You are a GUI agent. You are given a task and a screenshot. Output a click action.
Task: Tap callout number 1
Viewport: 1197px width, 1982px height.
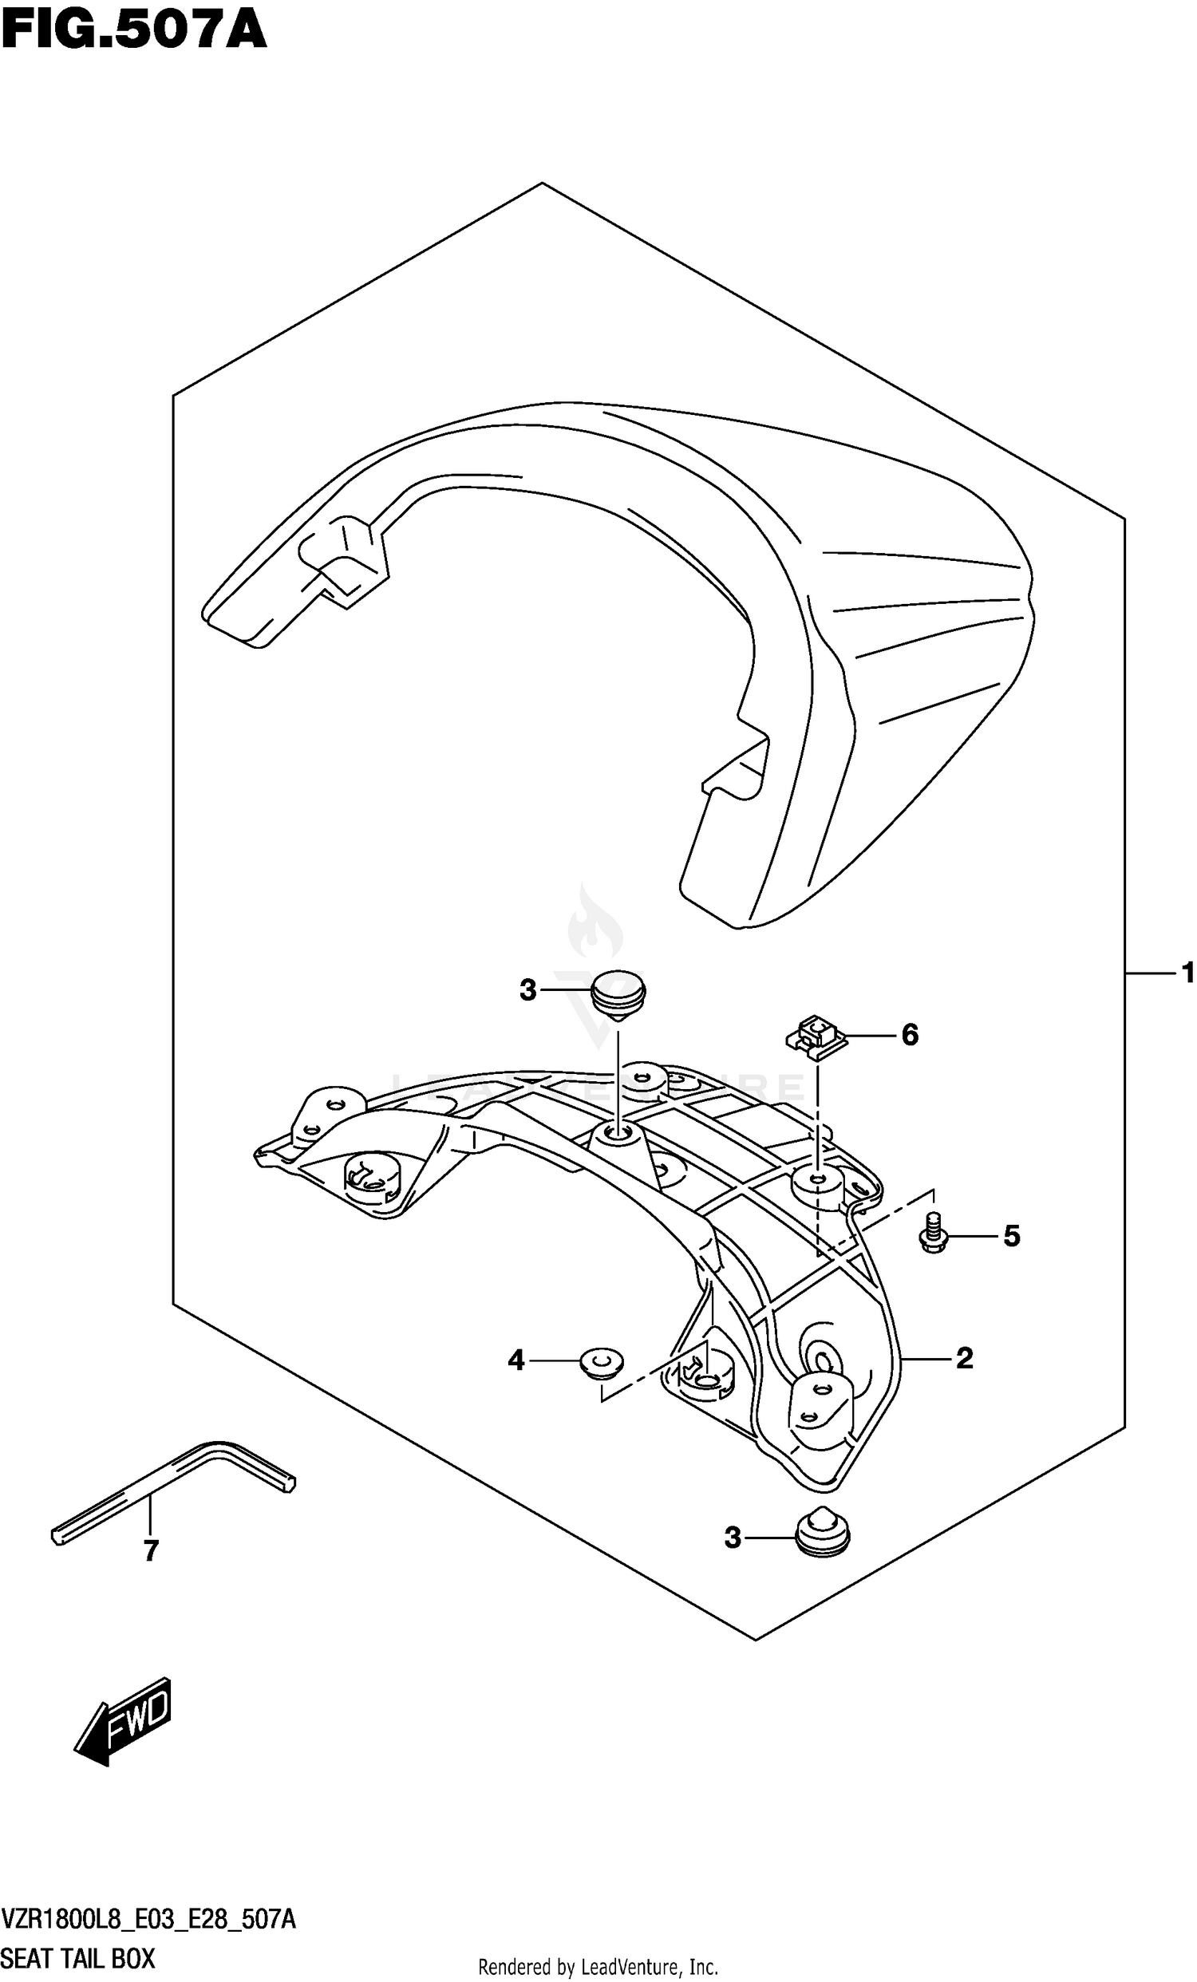tap(1187, 974)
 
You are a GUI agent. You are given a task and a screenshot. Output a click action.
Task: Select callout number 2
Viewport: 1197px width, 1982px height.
tap(964, 1358)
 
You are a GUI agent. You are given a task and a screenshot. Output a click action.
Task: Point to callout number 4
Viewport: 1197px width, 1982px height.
tap(516, 1360)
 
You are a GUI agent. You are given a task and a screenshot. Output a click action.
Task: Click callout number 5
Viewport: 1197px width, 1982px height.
tap(1011, 1235)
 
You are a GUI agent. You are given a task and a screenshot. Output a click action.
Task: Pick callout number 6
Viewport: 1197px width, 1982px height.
tap(909, 1034)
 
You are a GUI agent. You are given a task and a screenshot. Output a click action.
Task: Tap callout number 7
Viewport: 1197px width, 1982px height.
tap(151, 1550)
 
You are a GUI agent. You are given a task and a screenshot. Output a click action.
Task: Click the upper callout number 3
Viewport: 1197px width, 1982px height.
tap(527, 990)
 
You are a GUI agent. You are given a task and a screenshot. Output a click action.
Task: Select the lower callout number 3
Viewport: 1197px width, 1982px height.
tap(732, 1538)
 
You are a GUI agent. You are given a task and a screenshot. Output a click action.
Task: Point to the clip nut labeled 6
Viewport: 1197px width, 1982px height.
tap(817, 1036)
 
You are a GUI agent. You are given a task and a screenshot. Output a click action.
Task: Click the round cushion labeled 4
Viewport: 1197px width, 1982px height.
tap(602, 1364)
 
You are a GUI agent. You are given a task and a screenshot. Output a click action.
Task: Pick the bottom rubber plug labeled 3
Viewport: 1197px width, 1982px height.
tap(821, 1531)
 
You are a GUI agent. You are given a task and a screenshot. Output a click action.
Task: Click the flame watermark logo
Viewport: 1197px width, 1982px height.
tap(595, 925)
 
